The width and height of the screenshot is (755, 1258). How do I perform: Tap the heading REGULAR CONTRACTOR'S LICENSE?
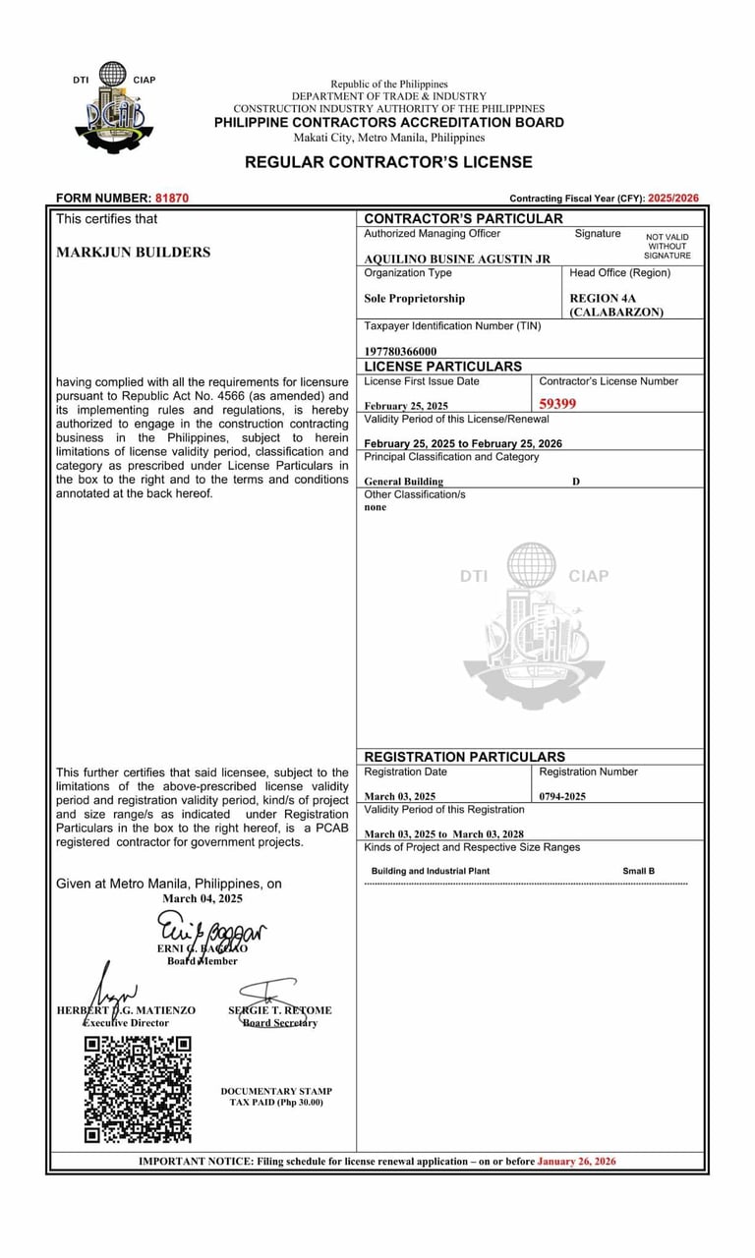[x=388, y=162]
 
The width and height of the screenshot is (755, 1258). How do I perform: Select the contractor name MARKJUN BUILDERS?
[x=133, y=253]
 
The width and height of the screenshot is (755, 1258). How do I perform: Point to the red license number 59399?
[x=558, y=403]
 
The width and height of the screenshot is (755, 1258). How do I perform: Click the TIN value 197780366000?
[x=400, y=351]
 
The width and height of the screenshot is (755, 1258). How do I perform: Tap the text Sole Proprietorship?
[x=414, y=299]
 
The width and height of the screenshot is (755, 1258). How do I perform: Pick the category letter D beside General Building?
[x=576, y=482]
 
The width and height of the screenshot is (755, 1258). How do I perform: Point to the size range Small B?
[x=638, y=871]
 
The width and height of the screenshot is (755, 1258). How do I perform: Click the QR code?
[x=137, y=1089]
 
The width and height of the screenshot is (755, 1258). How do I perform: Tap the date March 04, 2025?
[x=203, y=898]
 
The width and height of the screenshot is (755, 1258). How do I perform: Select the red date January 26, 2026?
[x=576, y=1162]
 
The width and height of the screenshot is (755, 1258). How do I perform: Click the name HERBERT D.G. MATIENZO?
[x=126, y=1010]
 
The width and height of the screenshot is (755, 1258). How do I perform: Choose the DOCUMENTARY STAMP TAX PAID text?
[x=276, y=1097]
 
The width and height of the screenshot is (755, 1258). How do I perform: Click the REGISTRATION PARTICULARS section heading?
[x=464, y=757]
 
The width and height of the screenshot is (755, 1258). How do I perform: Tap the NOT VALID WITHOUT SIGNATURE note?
[x=668, y=246]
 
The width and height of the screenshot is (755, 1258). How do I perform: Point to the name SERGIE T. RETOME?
[x=280, y=1010]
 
